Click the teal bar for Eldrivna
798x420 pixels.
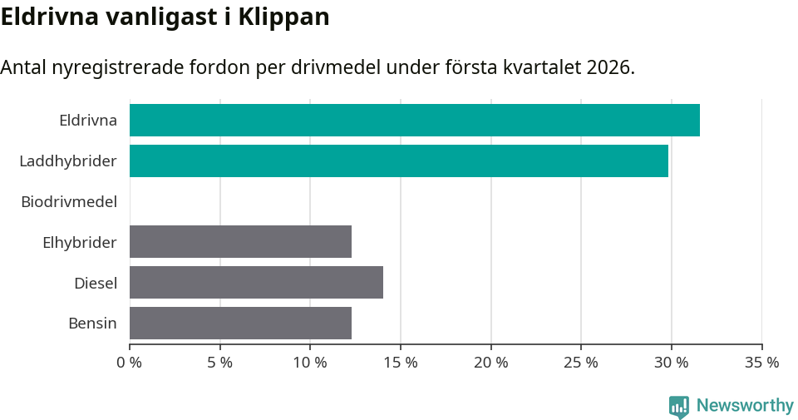(414, 120)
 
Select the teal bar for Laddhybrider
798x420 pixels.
(398, 161)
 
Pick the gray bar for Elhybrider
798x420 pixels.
(240, 241)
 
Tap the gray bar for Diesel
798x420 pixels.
(256, 282)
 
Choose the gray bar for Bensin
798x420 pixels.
(240, 323)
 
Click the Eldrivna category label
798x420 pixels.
(87, 120)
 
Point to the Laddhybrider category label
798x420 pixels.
(67, 161)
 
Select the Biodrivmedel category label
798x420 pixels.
(68, 201)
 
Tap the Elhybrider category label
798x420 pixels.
(79, 242)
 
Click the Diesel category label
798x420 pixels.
(95, 283)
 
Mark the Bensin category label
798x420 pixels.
(92, 323)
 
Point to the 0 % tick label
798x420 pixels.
(130, 363)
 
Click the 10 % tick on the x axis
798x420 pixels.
(310, 363)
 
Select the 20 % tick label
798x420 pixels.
(490, 363)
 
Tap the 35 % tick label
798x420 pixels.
(761, 363)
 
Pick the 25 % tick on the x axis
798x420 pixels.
(581, 363)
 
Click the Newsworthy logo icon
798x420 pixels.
(679, 406)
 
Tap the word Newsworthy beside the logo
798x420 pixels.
(745, 405)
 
